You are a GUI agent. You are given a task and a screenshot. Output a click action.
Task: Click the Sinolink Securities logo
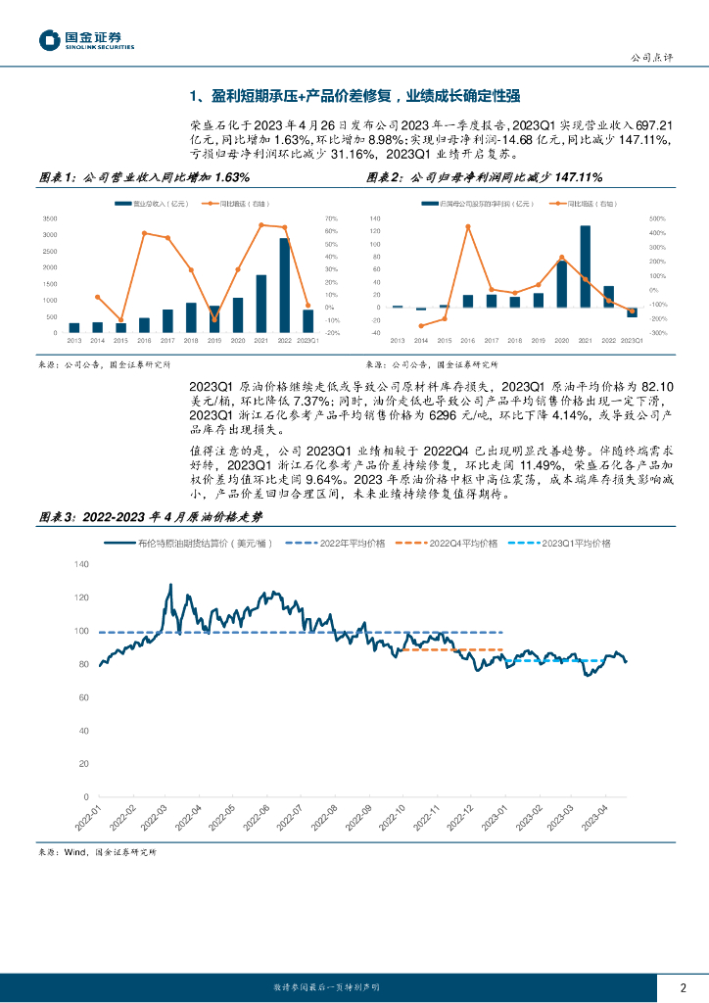[x=85, y=40]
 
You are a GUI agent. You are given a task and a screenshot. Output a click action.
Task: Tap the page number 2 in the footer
[x=682, y=986]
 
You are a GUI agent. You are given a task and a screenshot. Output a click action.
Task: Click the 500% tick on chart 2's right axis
[x=658, y=218]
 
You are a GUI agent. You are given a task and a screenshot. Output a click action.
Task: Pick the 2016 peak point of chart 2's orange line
[x=467, y=226]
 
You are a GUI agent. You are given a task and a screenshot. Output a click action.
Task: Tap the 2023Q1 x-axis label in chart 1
[x=307, y=340]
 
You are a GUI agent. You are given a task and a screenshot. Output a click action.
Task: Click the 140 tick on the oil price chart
[x=81, y=564]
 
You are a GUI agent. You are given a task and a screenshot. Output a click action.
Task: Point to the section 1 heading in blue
[x=354, y=95]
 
